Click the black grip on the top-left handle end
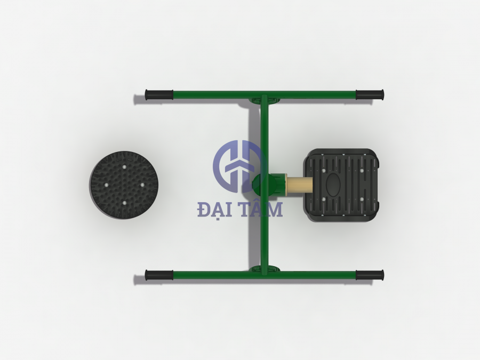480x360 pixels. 159,95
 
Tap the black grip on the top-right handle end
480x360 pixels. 370,95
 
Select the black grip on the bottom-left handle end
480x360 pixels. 159,275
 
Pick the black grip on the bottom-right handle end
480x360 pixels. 370,275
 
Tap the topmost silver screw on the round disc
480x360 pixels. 125,167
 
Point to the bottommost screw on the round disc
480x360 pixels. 124,203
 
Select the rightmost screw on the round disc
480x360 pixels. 142,185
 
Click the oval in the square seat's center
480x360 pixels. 334,185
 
